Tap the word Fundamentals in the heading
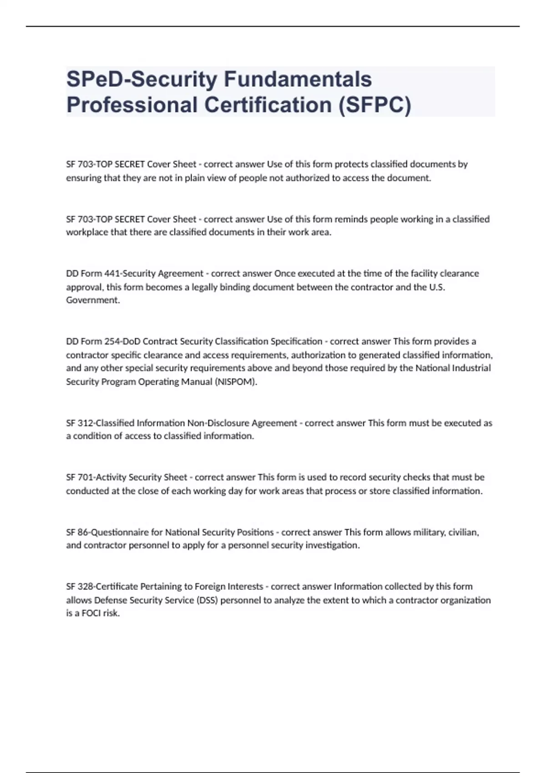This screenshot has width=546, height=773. pyautogui.click(x=298, y=79)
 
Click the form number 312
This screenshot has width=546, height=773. pyautogui.click(x=86, y=423)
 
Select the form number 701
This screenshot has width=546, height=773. pyautogui.click(x=86, y=477)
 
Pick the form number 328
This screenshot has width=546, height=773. pyautogui.click(x=86, y=586)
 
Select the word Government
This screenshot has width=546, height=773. pyautogui.click(x=93, y=300)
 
